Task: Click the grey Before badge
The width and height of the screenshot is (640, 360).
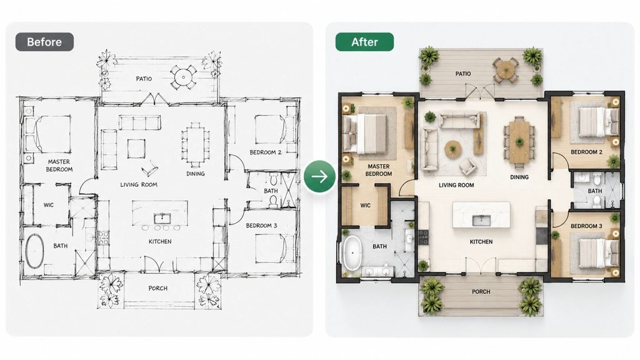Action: tap(44, 42)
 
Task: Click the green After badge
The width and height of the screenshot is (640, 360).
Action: tap(364, 42)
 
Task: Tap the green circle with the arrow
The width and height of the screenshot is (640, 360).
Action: tap(319, 177)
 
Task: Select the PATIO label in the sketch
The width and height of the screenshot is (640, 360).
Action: tap(144, 78)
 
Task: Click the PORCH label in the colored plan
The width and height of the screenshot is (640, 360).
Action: tap(481, 292)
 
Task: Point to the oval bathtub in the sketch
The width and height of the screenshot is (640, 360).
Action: tap(35, 251)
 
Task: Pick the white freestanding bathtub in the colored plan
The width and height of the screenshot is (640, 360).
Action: tap(352, 252)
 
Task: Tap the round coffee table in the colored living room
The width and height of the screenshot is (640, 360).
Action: tap(453, 149)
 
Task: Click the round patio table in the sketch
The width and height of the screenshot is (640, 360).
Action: tap(183, 77)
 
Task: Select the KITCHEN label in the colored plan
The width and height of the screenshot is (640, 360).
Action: tap(481, 242)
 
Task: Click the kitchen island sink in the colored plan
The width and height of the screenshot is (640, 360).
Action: tap(481, 221)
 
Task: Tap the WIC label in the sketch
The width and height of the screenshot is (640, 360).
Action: tap(49, 205)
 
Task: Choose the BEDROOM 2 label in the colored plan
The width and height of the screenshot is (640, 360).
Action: tap(586, 152)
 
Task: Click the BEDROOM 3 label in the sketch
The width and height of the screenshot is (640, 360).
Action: tap(261, 225)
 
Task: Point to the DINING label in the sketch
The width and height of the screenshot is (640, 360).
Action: tap(196, 174)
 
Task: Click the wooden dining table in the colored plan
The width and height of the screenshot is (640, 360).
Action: tap(519, 142)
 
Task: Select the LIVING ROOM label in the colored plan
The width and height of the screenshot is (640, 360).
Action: tap(456, 185)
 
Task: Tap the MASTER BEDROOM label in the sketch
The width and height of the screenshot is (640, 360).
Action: tap(59, 165)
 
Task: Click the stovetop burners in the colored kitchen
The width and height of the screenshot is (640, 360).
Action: tap(423, 237)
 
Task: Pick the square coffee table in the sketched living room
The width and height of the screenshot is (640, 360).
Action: tap(136, 149)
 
